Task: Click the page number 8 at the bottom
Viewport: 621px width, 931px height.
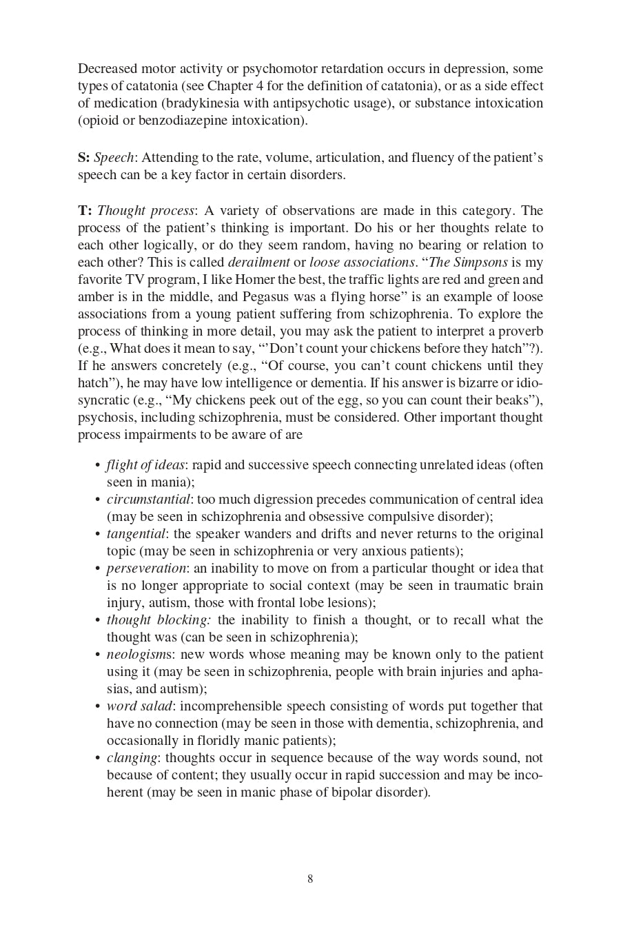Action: [x=310, y=879]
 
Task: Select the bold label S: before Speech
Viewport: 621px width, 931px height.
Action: [x=83, y=158]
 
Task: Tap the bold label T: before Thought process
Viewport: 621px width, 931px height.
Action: [x=85, y=211]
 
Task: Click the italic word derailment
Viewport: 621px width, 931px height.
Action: [x=258, y=263]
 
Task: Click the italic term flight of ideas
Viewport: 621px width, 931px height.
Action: [x=145, y=465]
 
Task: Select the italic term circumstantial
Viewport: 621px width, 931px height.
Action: [x=148, y=500]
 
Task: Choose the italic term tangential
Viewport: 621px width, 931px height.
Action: [x=136, y=534]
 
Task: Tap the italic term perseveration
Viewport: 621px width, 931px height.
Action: [x=146, y=569]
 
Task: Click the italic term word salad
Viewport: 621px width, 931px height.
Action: [x=139, y=706]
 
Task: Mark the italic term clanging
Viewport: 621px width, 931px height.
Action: [x=132, y=758]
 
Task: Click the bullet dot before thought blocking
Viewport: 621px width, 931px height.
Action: [x=98, y=620]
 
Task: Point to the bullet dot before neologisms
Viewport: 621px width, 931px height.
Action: [x=98, y=655]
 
